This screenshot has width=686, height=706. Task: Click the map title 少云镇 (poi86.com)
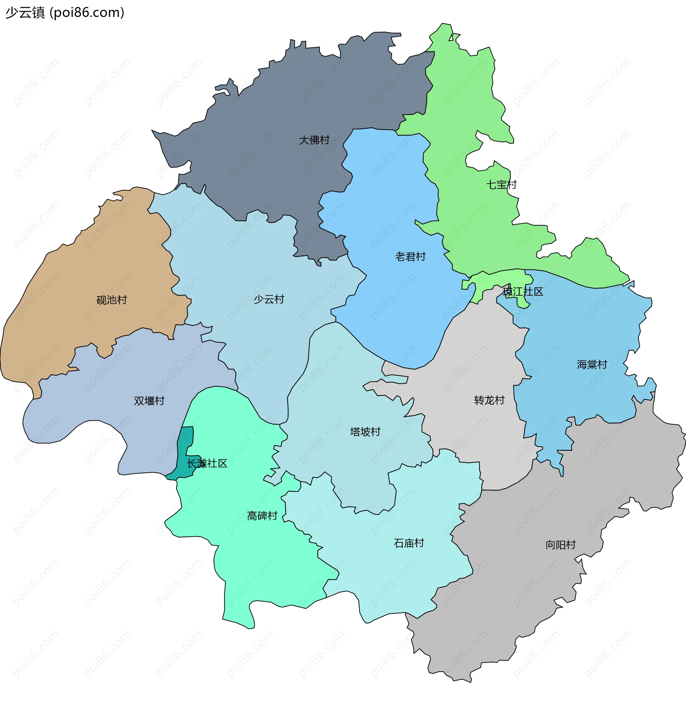[65, 13]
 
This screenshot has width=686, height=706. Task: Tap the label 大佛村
[314, 140]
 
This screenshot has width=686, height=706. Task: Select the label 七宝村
[502, 184]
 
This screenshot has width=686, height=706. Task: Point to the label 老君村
[411, 257]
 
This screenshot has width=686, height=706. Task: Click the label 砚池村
[112, 300]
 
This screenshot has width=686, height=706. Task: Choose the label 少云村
[269, 299]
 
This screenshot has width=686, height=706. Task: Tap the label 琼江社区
[522, 292]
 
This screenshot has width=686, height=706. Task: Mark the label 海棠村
[592, 364]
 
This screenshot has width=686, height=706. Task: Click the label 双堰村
[149, 401]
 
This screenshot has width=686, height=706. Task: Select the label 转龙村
[489, 400]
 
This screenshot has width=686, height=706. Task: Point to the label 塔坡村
[365, 432]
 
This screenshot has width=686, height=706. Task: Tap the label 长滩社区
[207, 464]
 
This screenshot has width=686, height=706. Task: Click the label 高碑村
[262, 516]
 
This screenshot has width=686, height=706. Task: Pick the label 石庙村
[409, 543]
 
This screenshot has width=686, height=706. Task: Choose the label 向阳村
[561, 545]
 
